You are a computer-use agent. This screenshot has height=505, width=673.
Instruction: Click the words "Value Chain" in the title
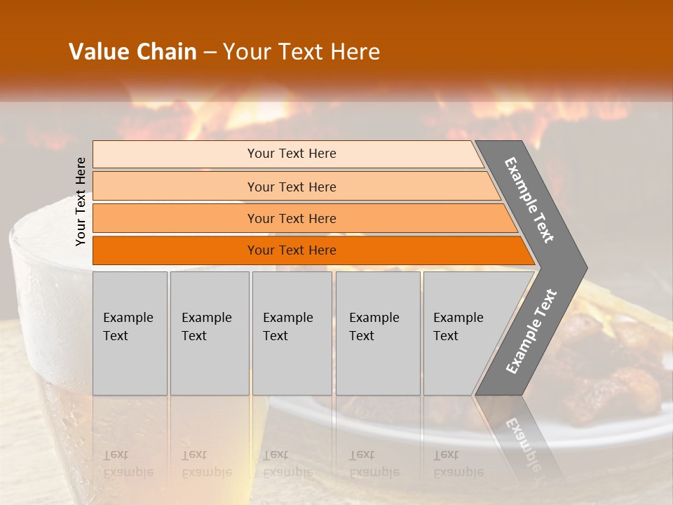tap(132, 52)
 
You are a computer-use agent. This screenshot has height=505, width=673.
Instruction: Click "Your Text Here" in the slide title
tap(301, 52)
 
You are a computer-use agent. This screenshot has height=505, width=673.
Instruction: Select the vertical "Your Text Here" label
tap(81, 201)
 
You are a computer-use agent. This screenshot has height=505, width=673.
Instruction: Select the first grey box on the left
tap(130, 333)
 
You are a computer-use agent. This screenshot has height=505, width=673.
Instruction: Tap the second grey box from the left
tap(210, 333)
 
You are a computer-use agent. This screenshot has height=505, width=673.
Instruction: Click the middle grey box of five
tap(292, 333)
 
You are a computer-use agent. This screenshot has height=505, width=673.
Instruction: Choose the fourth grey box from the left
tap(378, 333)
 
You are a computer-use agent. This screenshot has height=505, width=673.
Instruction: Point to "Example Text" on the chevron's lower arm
tap(531, 332)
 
